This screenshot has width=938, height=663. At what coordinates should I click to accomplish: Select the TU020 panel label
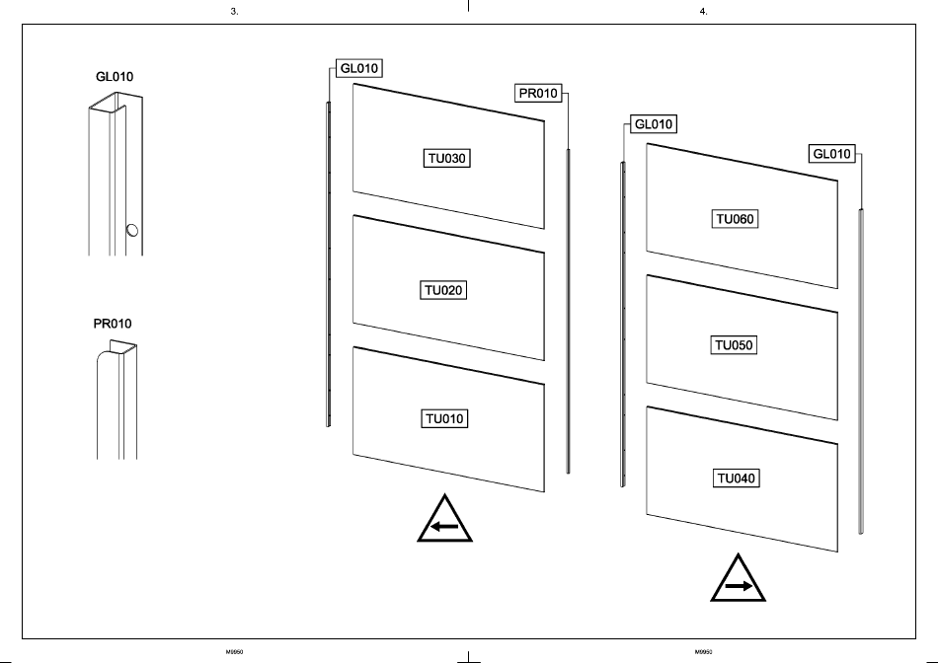[444, 290]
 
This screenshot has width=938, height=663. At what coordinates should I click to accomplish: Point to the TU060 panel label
[736, 219]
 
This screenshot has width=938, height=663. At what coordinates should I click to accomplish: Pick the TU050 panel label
[736, 346]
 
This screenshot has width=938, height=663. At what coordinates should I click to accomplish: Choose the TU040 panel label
[736, 479]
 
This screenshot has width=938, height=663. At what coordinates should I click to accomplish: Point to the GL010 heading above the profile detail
[114, 76]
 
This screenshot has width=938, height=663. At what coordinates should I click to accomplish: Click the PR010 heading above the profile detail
[113, 324]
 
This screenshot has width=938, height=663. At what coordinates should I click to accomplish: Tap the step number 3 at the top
[233, 11]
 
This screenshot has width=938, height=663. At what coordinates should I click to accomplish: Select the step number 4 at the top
[702, 11]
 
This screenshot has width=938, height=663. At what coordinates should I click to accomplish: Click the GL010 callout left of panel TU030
[359, 68]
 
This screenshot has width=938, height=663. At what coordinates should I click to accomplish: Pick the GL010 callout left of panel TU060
[654, 124]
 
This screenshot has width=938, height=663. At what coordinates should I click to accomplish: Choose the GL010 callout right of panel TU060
[831, 154]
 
